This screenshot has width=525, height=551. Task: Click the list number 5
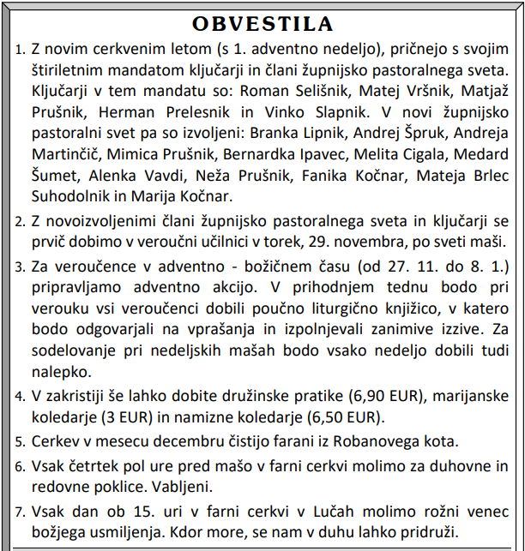coord(21,444)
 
